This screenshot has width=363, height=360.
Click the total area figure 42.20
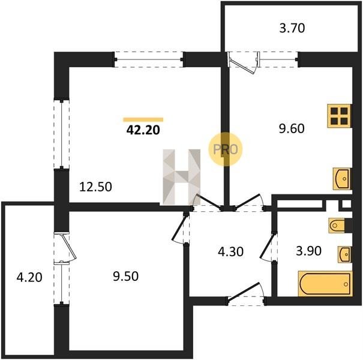(143, 130)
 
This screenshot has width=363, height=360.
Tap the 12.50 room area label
(95, 187)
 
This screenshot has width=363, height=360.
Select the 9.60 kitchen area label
(292, 129)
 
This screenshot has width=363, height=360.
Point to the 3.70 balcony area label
(292, 28)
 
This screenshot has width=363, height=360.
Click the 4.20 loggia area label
(29, 277)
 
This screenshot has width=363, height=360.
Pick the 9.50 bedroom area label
(126, 276)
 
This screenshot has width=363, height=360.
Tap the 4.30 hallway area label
(230, 251)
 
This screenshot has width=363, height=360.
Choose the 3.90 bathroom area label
(308, 251)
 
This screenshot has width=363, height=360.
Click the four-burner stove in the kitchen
(339, 116)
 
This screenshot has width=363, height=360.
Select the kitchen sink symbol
(342, 179)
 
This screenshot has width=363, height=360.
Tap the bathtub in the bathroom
(325, 284)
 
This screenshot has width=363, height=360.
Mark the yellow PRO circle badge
(225, 149)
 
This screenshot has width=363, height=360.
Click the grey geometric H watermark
(181, 177)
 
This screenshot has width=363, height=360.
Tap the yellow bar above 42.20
(143, 119)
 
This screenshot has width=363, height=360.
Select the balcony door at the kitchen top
(244, 62)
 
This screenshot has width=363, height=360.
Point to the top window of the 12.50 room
(149, 60)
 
